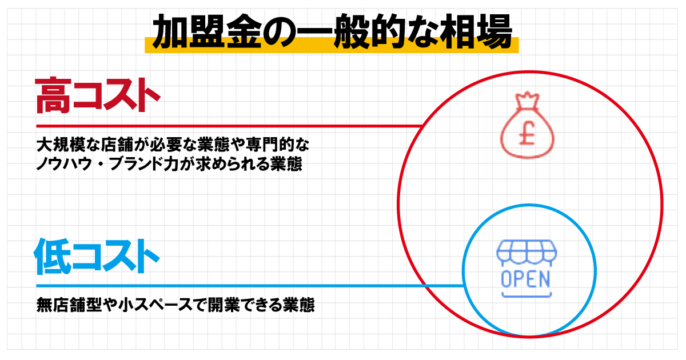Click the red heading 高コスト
(x=98, y=95)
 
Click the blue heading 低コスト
(x=97, y=256)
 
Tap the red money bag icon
(x=527, y=125)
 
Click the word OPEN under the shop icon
(x=525, y=279)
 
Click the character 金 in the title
(x=244, y=31)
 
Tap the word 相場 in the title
(x=476, y=31)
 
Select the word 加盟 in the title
(x=189, y=31)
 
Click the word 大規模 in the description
(x=61, y=145)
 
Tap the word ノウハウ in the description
(x=64, y=163)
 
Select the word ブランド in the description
(x=137, y=163)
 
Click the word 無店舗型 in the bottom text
(x=69, y=305)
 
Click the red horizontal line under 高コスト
(x=229, y=126)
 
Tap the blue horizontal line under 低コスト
(x=250, y=286)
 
